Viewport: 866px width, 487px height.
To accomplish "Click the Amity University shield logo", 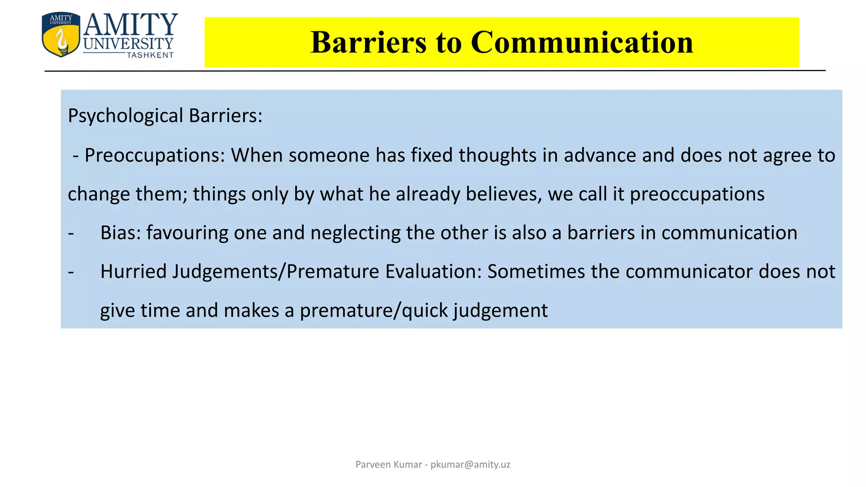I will pyautogui.click(x=61, y=35).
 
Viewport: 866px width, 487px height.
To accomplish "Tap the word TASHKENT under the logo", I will pyautogui.click(x=150, y=55).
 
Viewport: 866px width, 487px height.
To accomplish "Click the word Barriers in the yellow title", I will pyautogui.click(x=368, y=42).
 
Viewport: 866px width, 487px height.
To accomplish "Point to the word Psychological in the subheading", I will pyautogui.click(x=126, y=116).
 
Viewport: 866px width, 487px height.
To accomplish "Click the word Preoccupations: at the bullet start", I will pyautogui.click(x=155, y=155).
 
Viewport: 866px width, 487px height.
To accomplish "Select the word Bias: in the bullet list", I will pyautogui.click(x=121, y=233).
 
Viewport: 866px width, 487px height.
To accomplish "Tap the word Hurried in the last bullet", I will pyautogui.click(x=134, y=271).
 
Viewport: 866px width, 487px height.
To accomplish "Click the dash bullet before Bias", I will pyautogui.click(x=71, y=233).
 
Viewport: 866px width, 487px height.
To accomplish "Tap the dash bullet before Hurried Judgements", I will pyautogui.click(x=71, y=271).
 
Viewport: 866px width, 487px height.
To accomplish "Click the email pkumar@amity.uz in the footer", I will pyautogui.click(x=470, y=465).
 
